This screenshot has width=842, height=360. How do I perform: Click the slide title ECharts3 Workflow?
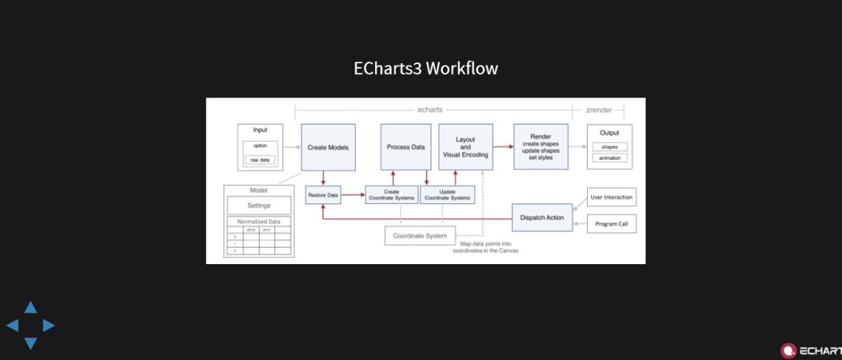tap(426, 69)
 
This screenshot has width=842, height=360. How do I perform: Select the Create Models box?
tap(328, 147)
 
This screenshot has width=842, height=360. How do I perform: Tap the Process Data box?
tap(405, 147)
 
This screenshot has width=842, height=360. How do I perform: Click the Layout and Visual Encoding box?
tap(465, 147)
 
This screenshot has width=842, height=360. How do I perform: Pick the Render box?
tap(541, 146)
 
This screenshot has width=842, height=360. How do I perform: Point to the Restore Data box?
tap(323, 194)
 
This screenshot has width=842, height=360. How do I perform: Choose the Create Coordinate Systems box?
tap(391, 195)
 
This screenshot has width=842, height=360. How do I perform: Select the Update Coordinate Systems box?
tap(448, 195)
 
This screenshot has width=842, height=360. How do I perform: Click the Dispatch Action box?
tap(543, 217)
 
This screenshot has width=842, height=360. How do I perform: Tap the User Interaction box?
tap(611, 197)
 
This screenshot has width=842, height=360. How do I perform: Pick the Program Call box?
tap(611, 224)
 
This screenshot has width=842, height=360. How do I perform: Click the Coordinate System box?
tap(420, 235)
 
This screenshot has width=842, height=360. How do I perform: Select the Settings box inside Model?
tap(259, 206)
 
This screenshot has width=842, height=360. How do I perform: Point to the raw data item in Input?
tap(260, 160)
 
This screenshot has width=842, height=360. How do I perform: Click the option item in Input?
tap(260, 146)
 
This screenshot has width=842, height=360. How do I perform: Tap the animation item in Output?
tap(610, 158)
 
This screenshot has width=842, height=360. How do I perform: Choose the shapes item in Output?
tap(610, 146)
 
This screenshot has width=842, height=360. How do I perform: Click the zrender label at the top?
tap(599, 110)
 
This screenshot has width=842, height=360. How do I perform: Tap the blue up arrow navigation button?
tap(30, 308)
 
